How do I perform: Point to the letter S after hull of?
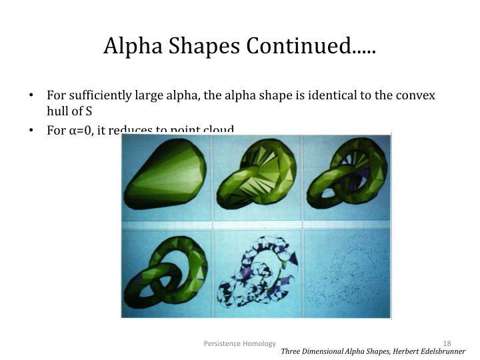[88, 111]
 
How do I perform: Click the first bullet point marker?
[31, 95]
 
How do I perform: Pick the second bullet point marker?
[31, 130]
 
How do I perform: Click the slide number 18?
[447, 343]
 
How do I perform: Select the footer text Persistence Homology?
[239, 343]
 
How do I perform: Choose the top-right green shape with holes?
[347, 177]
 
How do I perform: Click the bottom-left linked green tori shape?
[167, 273]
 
